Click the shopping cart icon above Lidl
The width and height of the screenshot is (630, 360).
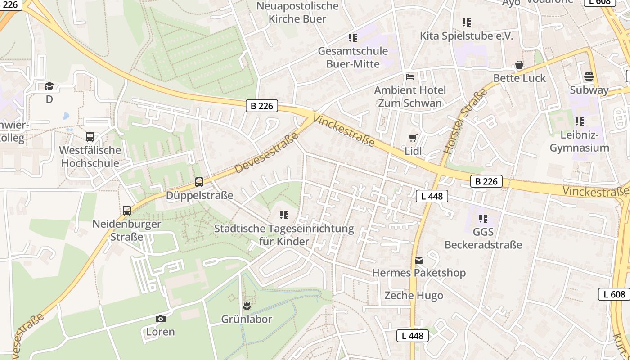click(413, 138)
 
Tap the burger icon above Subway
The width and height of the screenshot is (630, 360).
click(589, 76)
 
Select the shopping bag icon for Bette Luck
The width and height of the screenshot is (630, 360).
click(519, 65)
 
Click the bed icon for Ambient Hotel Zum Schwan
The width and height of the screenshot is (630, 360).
click(410, 76)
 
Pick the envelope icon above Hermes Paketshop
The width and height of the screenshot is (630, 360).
click(419, 260)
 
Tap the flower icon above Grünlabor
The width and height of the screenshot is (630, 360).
click(246, 306)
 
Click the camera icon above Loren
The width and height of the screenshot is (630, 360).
click(160, 319)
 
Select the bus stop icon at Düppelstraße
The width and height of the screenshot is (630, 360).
click(199, 182)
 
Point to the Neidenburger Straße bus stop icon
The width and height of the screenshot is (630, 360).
click(127, 210)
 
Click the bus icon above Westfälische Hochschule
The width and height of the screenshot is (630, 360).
click(90, 137)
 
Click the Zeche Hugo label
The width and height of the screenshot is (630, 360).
click(414, 296)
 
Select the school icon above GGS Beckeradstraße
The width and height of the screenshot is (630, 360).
click(483, 219)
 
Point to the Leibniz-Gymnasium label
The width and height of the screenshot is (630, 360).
click(579, 141)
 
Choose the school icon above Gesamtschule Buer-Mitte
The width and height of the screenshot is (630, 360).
click(353, 37)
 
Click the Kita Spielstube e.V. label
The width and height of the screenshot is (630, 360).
click(466, 36)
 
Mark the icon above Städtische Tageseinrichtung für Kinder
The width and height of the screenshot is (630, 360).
click(284, 215)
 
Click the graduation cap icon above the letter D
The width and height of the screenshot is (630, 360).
click(49, 86)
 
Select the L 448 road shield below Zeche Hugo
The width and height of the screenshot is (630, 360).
click(412, 336)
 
